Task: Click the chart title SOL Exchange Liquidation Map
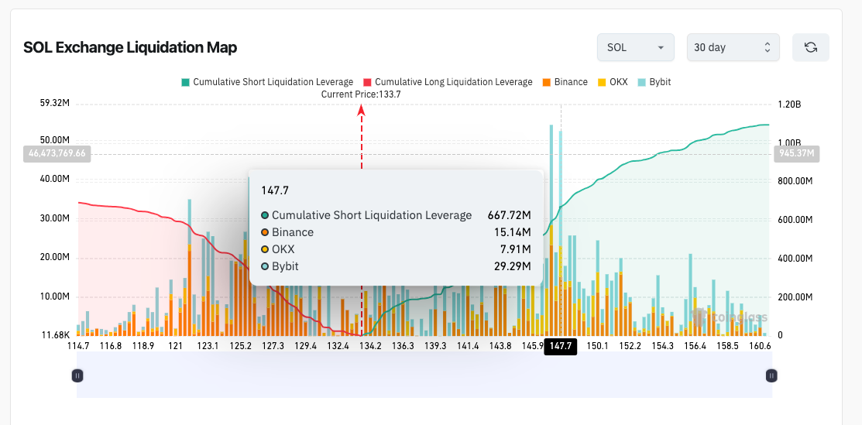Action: [x=130, y=47]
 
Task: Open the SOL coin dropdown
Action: [x=635, y=47]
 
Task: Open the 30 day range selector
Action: [x=733, y=47]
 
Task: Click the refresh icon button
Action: [x=810, y=47]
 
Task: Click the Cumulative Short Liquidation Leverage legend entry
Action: [x=267, y=82]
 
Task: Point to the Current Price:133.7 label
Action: [x=361, y=94]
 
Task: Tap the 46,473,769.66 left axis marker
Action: [x=57, y=153]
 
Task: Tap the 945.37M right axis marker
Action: [x=795, y=153]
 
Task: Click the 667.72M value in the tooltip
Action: [x=509, y=215]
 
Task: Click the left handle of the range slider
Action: [x=77, y=375]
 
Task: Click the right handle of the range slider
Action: [x=771, y=375]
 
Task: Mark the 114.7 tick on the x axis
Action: [x=78, y=346]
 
